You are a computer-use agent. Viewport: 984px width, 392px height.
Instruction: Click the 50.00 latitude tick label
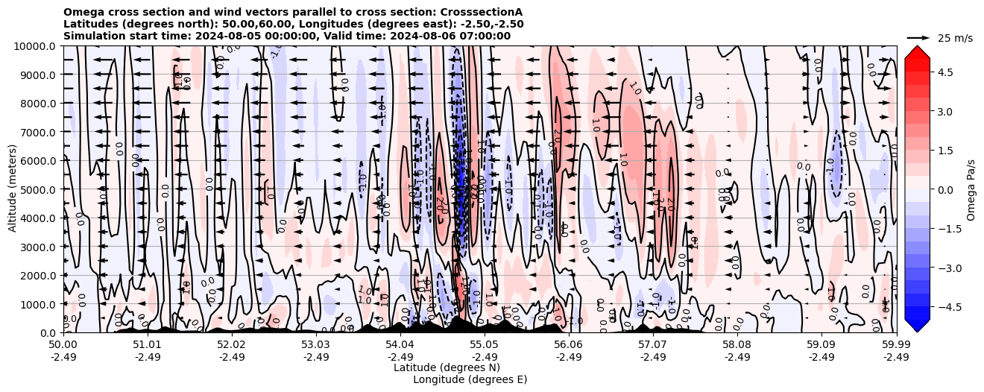coord(63,345)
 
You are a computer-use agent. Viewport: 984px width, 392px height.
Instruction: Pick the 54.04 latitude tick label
coord(400,345)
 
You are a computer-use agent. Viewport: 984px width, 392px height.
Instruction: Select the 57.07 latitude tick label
coord(653,345)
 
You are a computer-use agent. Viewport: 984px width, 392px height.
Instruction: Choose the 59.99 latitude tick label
coord(896,345)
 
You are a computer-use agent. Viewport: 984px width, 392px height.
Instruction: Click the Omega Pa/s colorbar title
coord(971,189)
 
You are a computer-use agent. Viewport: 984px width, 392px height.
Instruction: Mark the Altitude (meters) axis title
coord(13,189)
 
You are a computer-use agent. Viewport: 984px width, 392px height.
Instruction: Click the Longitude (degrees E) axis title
coord(470,379)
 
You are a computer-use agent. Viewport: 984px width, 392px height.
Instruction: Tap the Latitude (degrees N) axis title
coord(447,367)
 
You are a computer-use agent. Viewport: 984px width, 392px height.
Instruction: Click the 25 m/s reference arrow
coord(918,37)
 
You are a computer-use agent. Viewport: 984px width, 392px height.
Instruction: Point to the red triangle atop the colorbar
coord(917,51)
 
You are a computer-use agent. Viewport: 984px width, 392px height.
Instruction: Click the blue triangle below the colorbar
coord(917,325)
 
